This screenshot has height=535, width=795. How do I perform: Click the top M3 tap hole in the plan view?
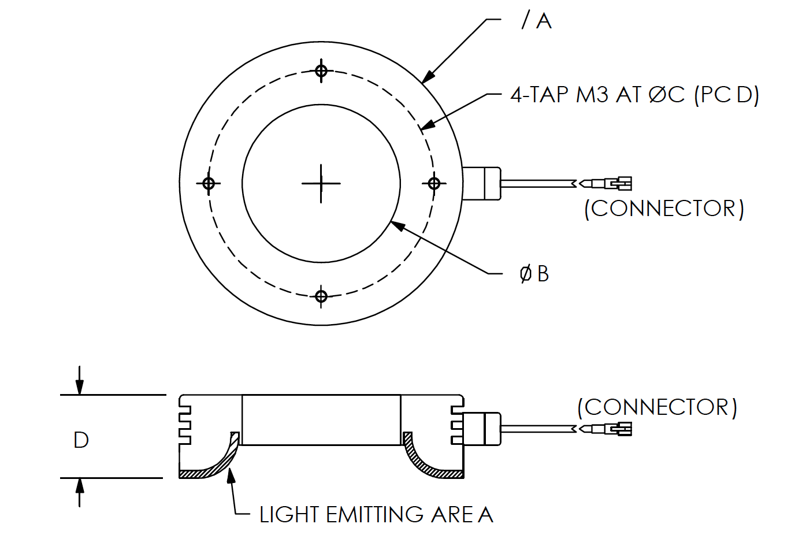[x=321, y=70]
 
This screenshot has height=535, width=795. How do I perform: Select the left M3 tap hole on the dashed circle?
[x=209, y=184]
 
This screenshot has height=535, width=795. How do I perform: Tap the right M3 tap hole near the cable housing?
[x=434, y=184]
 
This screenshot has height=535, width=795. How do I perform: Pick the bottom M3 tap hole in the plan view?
[x=321, y=296]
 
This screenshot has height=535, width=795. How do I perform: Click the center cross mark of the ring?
[x=321, y=184]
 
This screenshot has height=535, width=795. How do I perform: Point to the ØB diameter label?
[x=534, y=274]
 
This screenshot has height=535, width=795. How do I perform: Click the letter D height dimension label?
[x=81, y=440]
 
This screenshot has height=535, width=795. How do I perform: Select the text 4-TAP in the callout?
[x=540, y=95]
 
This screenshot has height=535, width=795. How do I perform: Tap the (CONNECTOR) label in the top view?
[x=664, y=209]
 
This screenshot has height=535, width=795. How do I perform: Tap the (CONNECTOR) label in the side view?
[x=657, y=407]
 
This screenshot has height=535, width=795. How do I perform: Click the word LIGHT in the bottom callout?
[x=289, y=514]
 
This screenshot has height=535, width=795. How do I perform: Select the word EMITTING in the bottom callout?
[x=374, y=514]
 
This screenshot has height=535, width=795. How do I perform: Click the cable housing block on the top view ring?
[x=482, y=184]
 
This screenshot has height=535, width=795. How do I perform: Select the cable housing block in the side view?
[x=482, y=429]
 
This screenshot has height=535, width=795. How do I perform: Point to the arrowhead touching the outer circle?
[x=428, y=77]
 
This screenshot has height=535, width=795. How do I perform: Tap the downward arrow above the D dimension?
[x=80, y=380]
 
